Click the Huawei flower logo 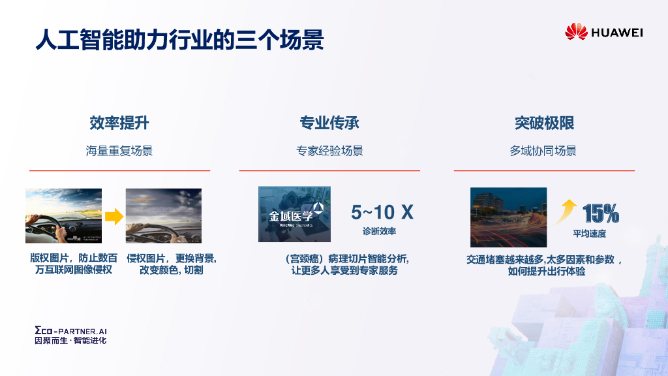click(576, 31)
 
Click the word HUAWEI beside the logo click(616, 32)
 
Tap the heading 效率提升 click(119, 123)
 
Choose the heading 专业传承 click(329, 123)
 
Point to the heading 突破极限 click(543, 123)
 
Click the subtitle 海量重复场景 click(119, 151)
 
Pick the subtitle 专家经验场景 click(329, 151)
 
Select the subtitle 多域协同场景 click(543, 151)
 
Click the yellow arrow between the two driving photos click(114, 216)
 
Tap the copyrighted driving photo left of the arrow click(63, 215)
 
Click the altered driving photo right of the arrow click(163, 215)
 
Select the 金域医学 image click(294, 214)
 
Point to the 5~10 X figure click(382, 212)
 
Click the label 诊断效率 click(380, 231)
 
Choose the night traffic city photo click(508, 215)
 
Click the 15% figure click(600, 213)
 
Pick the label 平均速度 click(589, 234)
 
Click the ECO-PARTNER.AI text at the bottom click(70, 331)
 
